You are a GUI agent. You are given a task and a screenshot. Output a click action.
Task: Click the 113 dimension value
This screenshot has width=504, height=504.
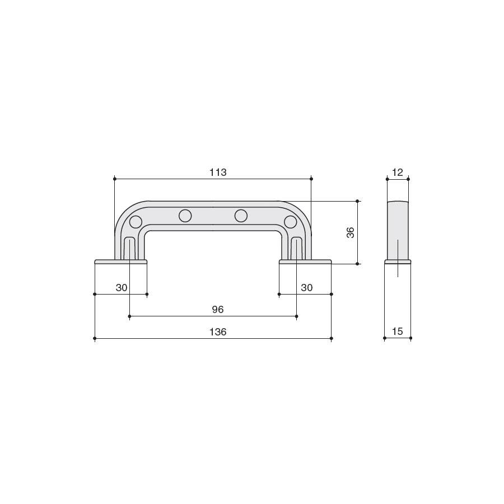click(218, 172)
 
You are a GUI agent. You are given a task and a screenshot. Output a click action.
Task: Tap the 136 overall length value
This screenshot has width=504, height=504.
click(218, 332)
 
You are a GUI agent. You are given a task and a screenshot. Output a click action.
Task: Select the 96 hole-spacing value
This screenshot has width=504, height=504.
click(218, 310)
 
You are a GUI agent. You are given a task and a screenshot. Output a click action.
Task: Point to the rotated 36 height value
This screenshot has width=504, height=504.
click(351, 232)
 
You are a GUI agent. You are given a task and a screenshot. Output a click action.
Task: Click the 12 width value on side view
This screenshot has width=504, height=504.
click(398, 172)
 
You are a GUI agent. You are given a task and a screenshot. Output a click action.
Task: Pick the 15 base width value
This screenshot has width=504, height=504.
click(398, 332)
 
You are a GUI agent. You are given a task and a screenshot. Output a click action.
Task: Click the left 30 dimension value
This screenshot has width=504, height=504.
click(122, 288)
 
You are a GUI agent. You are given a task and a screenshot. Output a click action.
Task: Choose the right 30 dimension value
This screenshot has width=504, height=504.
click(307, 288)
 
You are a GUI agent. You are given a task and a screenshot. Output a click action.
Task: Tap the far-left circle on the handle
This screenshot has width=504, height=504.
click(136, 222)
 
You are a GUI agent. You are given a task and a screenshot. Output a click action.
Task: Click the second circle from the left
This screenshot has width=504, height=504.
click(185, 216)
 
